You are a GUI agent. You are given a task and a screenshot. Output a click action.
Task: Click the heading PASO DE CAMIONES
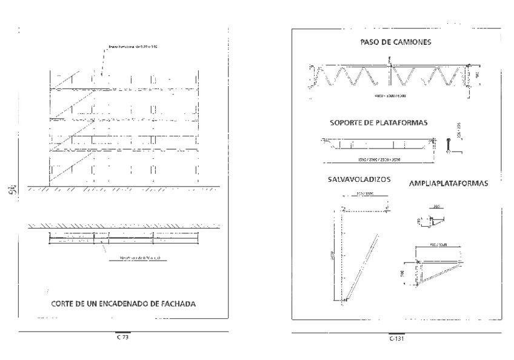392,42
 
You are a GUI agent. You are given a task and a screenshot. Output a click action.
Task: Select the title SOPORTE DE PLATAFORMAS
379,122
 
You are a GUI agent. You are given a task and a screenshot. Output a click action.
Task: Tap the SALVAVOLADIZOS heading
358,180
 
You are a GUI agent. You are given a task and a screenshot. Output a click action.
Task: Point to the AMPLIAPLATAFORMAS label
449,182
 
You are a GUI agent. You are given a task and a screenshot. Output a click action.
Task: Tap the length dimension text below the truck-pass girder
389,95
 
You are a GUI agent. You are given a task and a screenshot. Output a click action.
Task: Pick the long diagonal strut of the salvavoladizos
361,267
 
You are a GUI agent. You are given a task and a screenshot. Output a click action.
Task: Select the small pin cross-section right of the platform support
448,145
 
